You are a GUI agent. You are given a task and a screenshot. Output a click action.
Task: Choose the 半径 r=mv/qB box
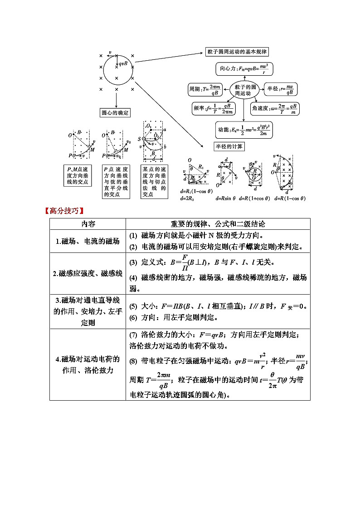click(280, 89)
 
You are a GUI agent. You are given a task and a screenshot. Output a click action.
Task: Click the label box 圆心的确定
click(115, 112)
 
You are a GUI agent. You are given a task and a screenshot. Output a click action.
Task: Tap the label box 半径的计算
click(229, 146)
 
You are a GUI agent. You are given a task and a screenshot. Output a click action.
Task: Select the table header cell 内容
click(88, 224)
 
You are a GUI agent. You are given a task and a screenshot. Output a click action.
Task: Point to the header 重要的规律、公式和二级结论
click(218, 224)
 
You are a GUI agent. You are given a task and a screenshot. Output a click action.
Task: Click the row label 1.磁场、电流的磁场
click(88, 241)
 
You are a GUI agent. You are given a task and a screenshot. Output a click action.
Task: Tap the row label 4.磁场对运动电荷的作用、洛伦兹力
click(88, 364)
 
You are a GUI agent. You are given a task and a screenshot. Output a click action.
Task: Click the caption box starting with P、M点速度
click(78, 175)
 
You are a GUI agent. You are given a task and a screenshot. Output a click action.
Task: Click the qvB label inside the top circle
click(123, 63)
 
